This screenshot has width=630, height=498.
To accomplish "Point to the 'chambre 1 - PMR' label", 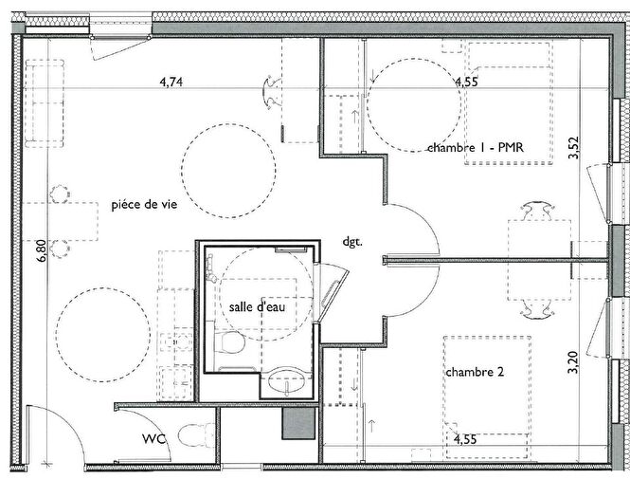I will coord(476,147).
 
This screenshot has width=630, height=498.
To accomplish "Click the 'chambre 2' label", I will coord(474,372).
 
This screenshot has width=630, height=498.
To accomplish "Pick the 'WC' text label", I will coord(155,439).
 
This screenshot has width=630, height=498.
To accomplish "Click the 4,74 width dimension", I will coord(171,83).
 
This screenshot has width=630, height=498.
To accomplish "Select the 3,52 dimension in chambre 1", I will coord(573,147).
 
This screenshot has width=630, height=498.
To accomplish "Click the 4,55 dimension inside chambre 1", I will coord(465,83).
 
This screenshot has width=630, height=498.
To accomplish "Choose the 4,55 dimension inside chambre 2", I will coord(465,439).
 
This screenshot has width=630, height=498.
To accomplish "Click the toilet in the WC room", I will coord(197,436).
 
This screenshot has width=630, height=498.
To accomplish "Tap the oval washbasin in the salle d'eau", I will coord(283,382).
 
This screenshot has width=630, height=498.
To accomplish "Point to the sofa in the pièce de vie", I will coord(44,102).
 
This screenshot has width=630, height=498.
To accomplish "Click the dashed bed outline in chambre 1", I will coord(509,104).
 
